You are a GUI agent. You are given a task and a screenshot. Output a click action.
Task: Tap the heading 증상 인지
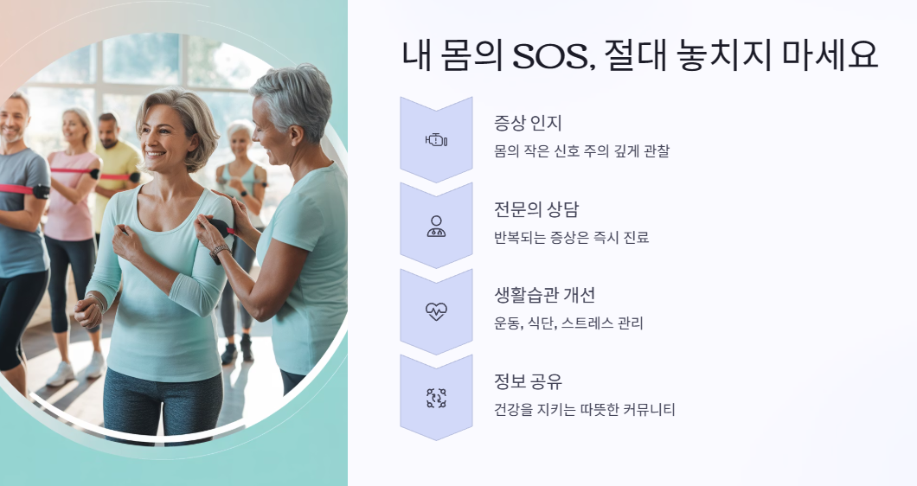tap(528, 124)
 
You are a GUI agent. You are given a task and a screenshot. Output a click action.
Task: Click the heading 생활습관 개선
tap(544, 295)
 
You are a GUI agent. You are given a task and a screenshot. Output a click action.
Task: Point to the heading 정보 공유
tap(528, 381)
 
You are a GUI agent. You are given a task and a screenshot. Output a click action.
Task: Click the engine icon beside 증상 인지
tap(436, 140)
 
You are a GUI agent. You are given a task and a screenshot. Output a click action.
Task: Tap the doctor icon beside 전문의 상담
tap(436, 226)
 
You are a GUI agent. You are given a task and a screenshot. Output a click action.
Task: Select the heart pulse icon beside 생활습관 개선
tap(436, 312)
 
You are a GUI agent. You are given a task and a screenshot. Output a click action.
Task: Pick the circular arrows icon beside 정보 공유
tap(436, 398)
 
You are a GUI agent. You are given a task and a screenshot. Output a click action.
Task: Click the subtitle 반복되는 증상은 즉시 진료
tap(571, 237)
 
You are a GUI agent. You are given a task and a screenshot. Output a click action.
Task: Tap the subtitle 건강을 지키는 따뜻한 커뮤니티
tap(584, 409)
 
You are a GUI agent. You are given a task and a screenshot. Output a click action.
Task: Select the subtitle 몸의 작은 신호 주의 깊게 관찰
tap(581, 151)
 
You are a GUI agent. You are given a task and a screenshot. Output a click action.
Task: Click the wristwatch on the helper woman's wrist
tap(219, 252)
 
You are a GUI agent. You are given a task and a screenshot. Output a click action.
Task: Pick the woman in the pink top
tap(73, 199)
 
